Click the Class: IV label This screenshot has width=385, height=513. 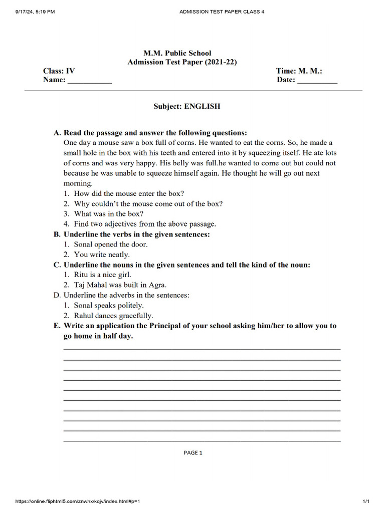[x=59, y=71]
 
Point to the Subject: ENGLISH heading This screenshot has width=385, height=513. [x=186, y=106]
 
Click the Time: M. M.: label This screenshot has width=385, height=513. [x=299, y=71]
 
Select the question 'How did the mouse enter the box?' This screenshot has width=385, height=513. [x=129, y=193]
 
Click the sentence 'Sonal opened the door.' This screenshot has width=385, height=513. [x=111, y=244]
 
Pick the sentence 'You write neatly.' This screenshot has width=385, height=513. [x=102, y=254]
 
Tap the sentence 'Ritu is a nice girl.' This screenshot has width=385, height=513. [x=102, y=275]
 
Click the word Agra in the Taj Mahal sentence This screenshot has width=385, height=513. [x=157, y=285]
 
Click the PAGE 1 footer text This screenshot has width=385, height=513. [x=193, y=453]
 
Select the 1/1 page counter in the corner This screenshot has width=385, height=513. [x=366, y=501]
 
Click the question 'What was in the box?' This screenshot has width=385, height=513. [x=109, y=214]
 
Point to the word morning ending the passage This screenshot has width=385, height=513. [x=78, y=183]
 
